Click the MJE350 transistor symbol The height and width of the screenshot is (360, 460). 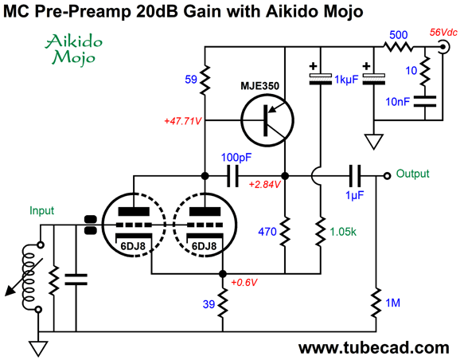pos(267,120)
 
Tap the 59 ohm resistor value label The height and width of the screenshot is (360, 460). pos(191,80)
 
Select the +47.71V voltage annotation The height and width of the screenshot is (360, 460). pos(183,121)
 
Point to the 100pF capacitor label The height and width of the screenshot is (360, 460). pos(236,158)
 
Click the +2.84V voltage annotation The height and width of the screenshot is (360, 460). pos(264,185)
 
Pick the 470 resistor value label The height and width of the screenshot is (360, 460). pos(267,232)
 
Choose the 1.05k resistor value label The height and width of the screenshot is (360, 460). pos(343,232)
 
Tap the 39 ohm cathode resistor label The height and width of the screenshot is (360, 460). pos(209,304)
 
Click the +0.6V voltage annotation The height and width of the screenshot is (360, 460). pos(244,283)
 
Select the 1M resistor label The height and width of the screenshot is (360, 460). pos(392,303)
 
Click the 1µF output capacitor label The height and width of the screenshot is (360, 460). pos(355,195)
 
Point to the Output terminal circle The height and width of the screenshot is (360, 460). pos(388,176)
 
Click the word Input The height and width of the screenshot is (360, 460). pos(42,211)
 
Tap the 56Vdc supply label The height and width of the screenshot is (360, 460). pos(443,33)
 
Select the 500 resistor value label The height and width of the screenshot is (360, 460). pos(399,35)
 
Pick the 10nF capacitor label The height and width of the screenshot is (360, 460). pos(397,102)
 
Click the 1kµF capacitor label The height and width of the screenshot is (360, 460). pos(346,80)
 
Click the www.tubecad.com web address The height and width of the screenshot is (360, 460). pos(374,348)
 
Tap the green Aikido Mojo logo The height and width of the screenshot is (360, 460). pos(74,49)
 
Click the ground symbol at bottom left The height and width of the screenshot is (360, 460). pos(38,349)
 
